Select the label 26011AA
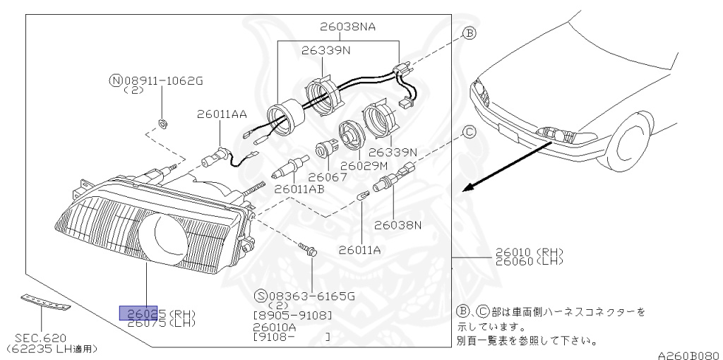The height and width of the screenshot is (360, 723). [222, 113]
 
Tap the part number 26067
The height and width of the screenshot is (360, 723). [328, 177]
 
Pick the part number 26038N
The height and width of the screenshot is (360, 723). [398, 225]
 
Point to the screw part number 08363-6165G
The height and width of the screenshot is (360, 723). [304, 296]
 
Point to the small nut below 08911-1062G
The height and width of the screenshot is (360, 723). [162, 124]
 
